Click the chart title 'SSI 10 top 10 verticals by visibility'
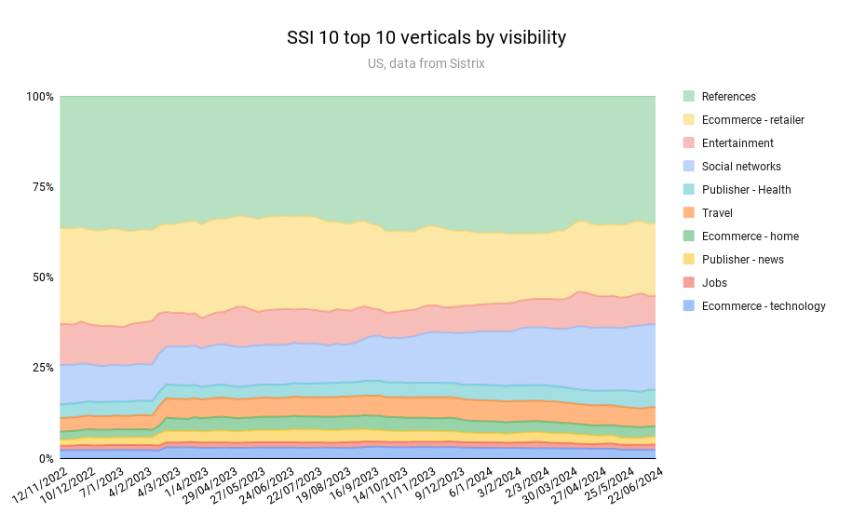click(426, 38)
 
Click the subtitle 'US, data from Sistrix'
click(426, 64)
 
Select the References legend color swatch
click(689, 97)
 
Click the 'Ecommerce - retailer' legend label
click(752, 120)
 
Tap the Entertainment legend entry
click(737, 143)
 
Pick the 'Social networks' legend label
click(741, 167)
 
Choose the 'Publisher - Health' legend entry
click(746, 190)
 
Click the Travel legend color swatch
click(689, 213)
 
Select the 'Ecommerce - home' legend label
click(750, 236)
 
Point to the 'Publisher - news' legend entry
click(742, 260)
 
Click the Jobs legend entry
click(714, 283)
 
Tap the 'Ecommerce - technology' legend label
click(764, 306)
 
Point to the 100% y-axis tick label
click(39, 97)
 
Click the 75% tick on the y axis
click(42, 187)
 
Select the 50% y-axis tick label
click(42, 277)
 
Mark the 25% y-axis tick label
click(42, 368)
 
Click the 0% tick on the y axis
click(46, 458)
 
